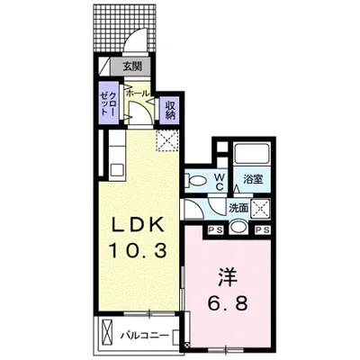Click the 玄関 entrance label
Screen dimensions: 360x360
pyautogui.click(x=132, y=66)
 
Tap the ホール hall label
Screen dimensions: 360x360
pyautogui.click(x=138, y=93)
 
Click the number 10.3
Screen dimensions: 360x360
pyautogui.click(x=135, y=253)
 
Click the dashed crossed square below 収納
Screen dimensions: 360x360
pyautogui.click(x=166, y=139)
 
